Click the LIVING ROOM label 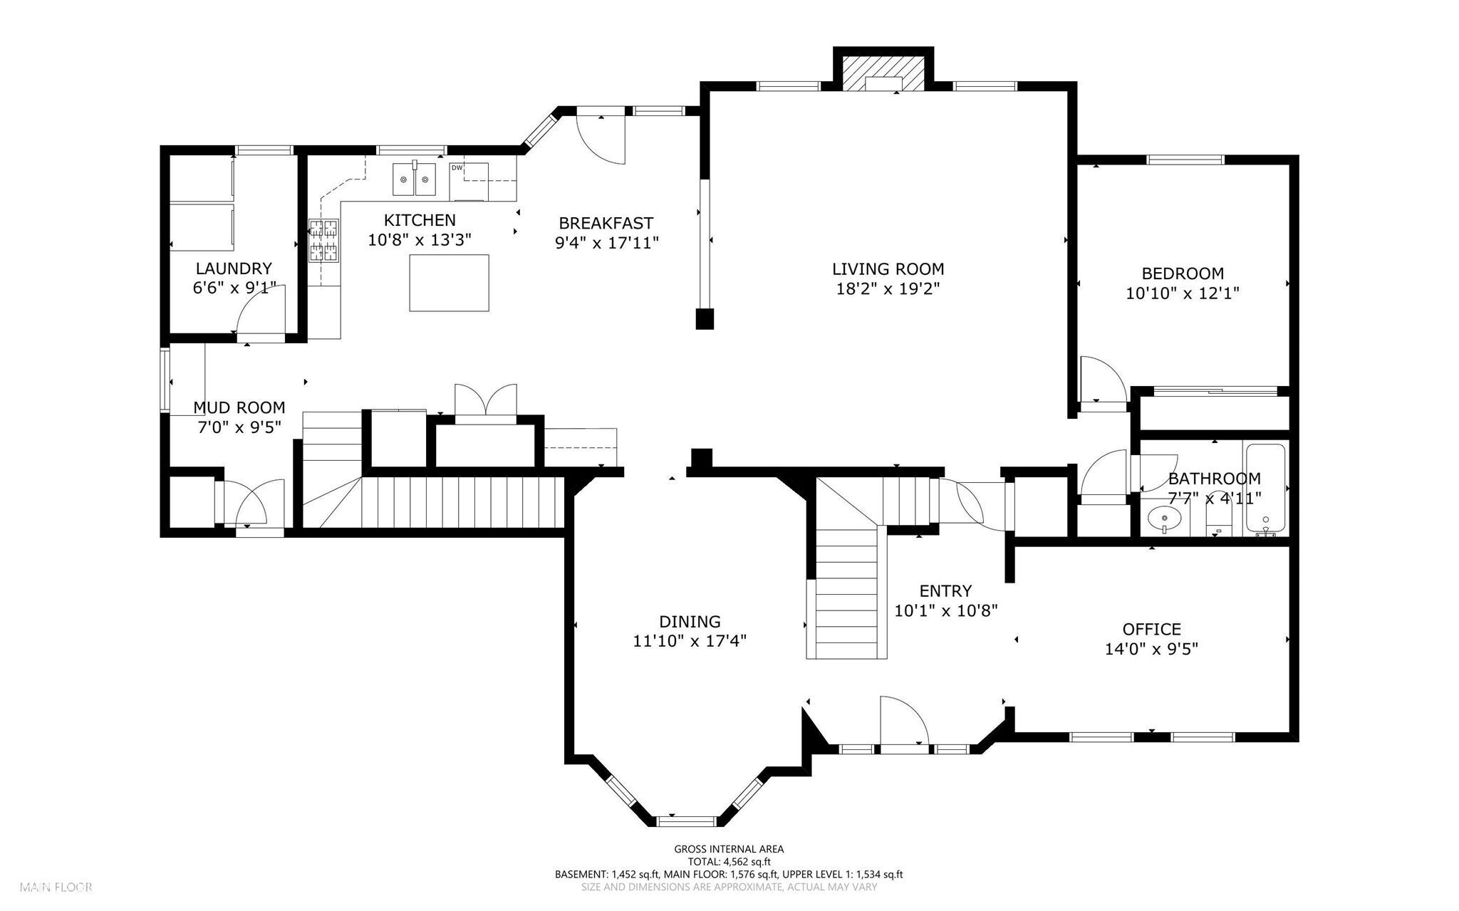click(888, 269)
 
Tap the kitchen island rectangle click(449, 283)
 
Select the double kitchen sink click(415, 179)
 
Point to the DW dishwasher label click(457, 168)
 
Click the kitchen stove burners click(323, 240)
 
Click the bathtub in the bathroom click(1265, 488)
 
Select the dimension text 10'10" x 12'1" click(1183, 293)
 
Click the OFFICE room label click(1151, 629)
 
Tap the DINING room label click(689, 621)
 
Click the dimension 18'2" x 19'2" click(888, 289)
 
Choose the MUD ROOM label click(239, 407)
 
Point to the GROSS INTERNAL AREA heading click(729, 848)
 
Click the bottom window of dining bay click(685, 821)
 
